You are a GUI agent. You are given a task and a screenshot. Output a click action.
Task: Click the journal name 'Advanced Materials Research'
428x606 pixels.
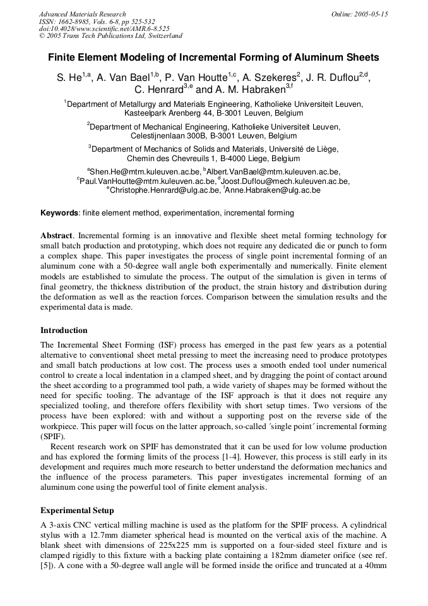coord(83,14)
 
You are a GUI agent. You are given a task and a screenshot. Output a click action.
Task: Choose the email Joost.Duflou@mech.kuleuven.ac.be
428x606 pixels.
coord(285,181)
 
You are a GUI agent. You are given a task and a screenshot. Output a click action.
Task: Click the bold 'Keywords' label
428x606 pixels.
coord(60,213)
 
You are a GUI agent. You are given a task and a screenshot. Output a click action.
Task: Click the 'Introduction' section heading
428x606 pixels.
coord(64,330)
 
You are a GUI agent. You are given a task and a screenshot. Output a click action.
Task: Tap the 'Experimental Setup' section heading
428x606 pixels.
coord(77,510)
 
